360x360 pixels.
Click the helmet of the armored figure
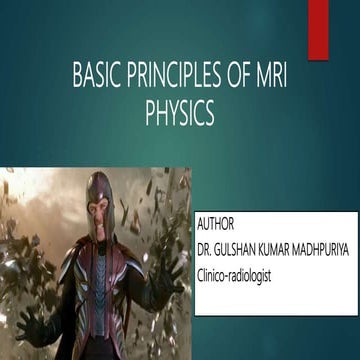tap(100, 190)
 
